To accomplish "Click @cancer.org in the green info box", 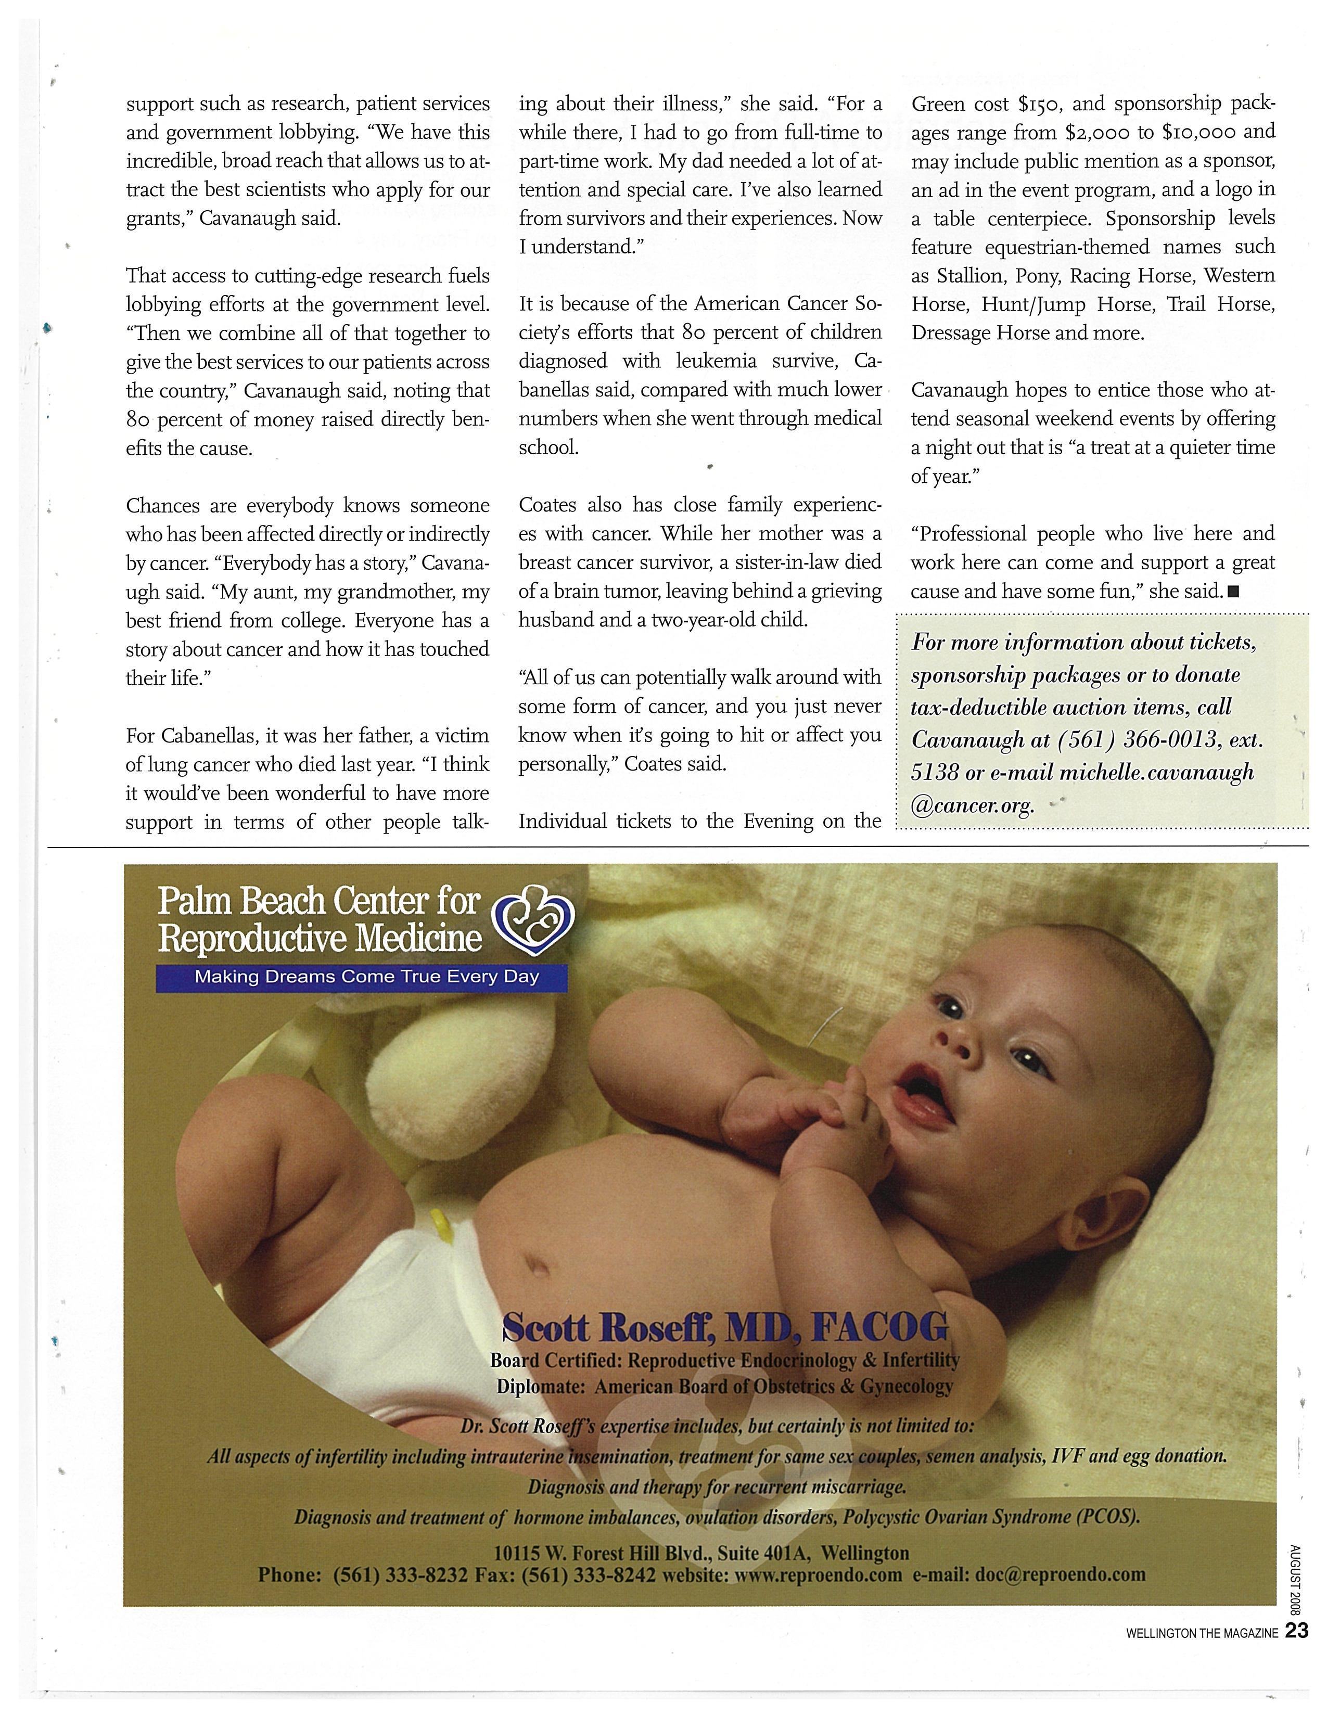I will [973, 805].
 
